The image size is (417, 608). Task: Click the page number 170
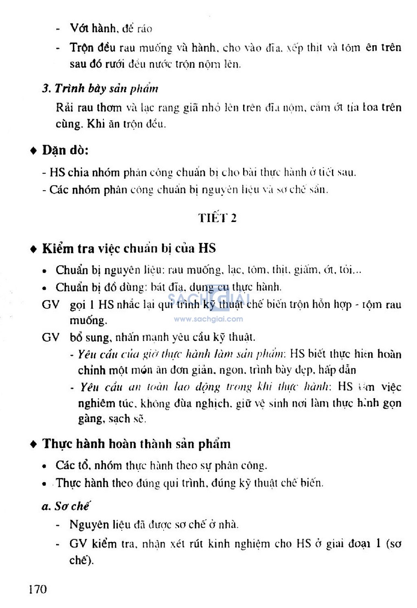click(37, 589)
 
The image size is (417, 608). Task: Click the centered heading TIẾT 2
click(217, 218)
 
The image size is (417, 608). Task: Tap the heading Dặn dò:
click(65, 150)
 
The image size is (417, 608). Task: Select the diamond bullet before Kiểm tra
click(34, 249)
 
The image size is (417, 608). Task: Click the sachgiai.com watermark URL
click(208, 319)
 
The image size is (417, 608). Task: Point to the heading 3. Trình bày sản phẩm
click(100, 88)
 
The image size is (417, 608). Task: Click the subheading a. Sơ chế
click(66, 506)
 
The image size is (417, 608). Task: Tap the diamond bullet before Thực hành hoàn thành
click(34, 444)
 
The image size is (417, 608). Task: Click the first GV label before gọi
click(50, 304)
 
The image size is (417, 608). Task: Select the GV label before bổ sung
click(50, 337)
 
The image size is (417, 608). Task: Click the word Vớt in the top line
click(79, 28)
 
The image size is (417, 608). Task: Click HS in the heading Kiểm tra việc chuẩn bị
click(207, 248)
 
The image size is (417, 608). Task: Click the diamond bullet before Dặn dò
click(34, 151)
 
